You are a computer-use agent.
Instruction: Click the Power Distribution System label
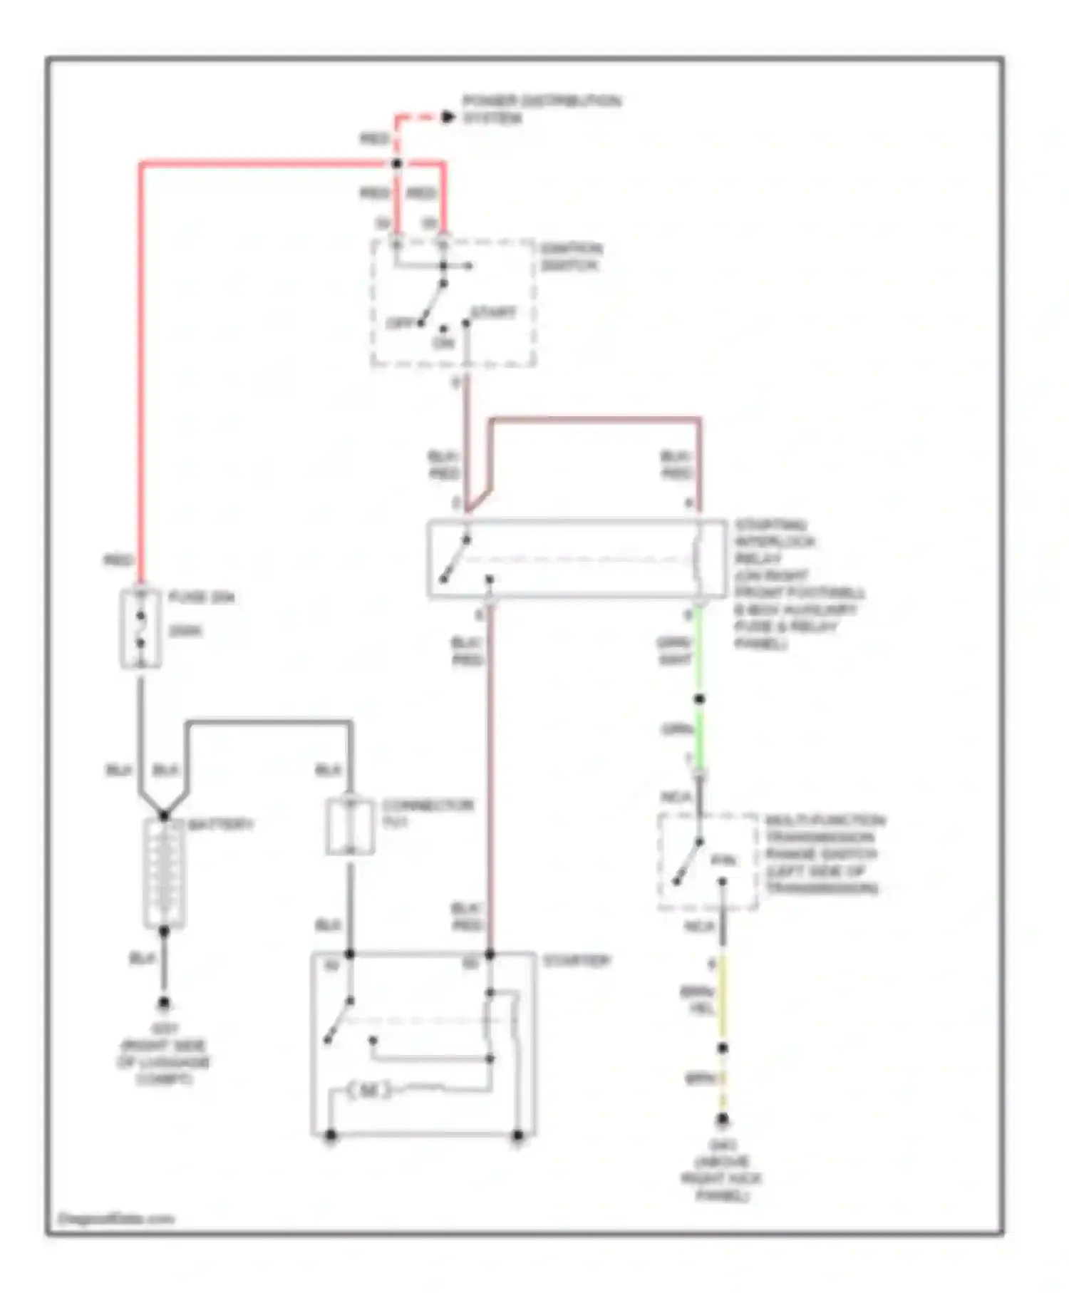(x=541, y=109)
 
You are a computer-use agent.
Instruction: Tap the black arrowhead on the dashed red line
(x=448, y=117)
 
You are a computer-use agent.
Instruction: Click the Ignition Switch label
(x=570, y=257)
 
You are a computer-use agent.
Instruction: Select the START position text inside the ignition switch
(x=493, y=313)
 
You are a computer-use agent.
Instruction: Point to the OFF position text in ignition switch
(x=400, y=323)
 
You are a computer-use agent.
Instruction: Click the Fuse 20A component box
(x=140, y=629)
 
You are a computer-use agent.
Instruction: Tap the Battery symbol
(x=165, y=872)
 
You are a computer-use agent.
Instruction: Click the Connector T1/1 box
(x=350, y=826)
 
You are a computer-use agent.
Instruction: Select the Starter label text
(x=577, y=961)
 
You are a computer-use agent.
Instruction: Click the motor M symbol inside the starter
(x=368, y=1091)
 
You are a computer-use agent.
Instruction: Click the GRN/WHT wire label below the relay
(x=674, y=651)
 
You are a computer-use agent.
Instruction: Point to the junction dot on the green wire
(x=699, y=699)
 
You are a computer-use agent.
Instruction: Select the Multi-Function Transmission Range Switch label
(x=824, y=854)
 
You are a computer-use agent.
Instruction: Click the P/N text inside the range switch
(x=723, y=861)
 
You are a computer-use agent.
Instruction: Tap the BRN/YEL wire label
(x=698, y=999)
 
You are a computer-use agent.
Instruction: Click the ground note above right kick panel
(x=721, y=1180)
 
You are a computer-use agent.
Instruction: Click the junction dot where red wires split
(x=397, y=164)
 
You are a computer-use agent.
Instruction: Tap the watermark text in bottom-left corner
(x=115, y=1218)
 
